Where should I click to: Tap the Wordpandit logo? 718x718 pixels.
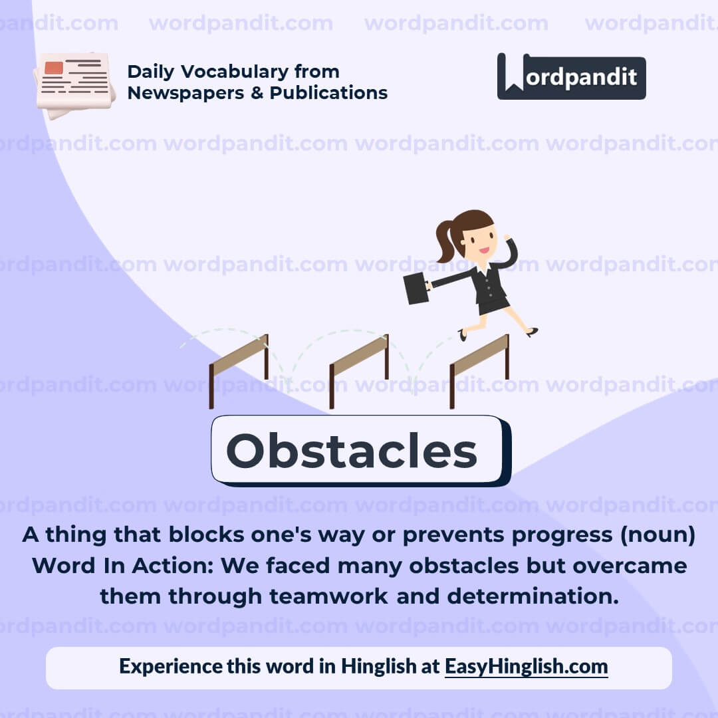571,76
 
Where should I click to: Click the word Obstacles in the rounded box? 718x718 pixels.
352,451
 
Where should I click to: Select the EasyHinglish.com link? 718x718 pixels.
526,666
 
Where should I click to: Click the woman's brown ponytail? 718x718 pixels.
443,241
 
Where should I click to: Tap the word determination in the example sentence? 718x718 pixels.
532,596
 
